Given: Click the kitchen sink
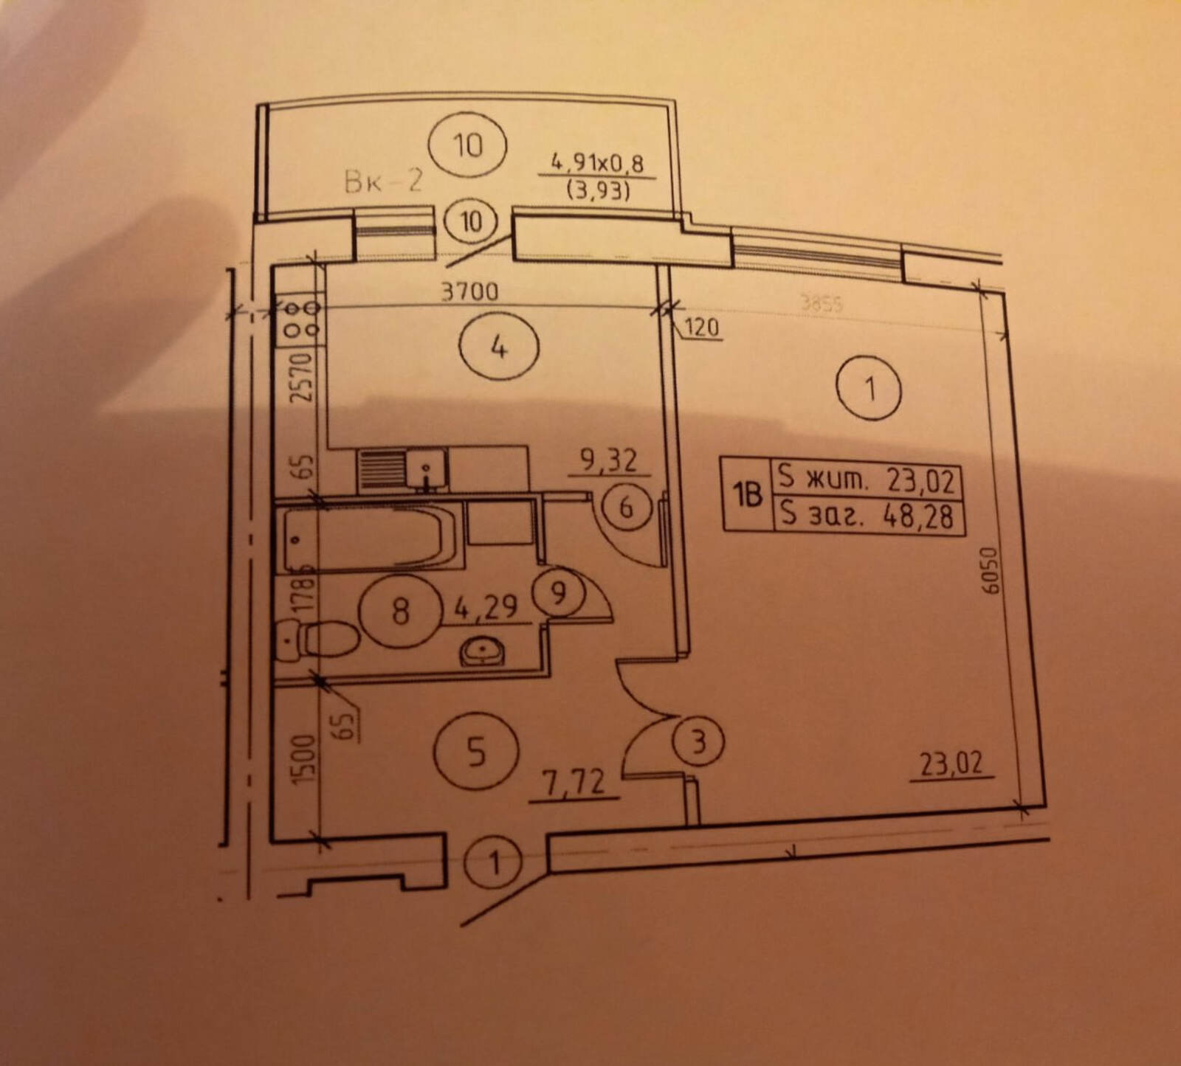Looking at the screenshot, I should coord(427,470).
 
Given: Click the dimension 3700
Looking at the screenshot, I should coord(469,293).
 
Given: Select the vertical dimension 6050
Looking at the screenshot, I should coord(991,570).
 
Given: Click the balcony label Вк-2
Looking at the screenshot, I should coord(383,181).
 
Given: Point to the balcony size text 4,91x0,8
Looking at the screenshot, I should coord(597,163).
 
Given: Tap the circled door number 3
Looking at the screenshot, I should coord(698,741).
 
